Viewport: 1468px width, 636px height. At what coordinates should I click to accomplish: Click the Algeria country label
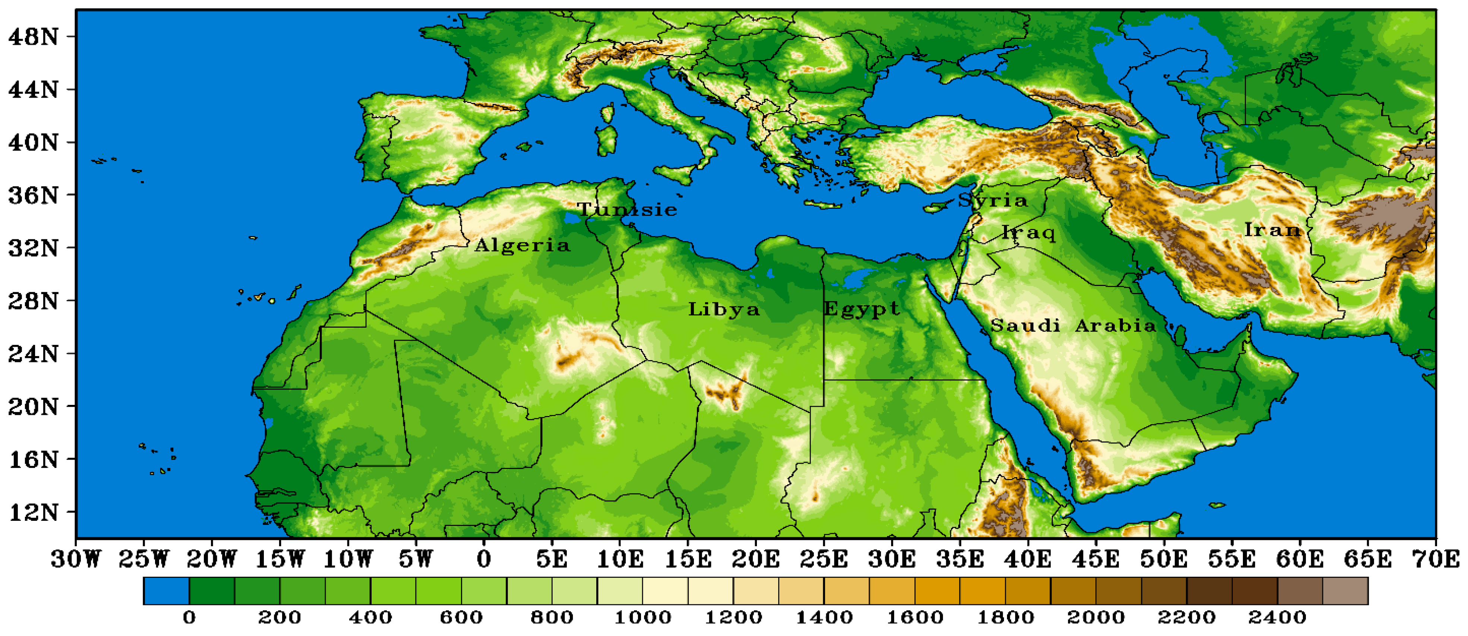[522, 246]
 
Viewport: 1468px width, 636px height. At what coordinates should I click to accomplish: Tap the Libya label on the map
[724, 309]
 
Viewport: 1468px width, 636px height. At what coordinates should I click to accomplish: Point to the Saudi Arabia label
[1073, 325]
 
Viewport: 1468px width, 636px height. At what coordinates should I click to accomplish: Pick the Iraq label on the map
[1029, 233]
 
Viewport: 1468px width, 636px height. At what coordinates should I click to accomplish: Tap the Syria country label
[993, 200]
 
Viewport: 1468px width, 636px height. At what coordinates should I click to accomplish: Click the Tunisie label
[627, 210]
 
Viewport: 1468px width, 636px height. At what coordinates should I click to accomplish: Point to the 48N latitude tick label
[34, 37]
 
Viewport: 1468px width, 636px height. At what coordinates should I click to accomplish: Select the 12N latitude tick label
[34, 512]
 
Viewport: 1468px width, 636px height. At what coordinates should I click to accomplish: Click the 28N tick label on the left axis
[34, 301]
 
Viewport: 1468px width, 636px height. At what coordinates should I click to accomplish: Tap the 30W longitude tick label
[75, 559]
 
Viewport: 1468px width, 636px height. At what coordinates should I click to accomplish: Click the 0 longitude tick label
[484, 559]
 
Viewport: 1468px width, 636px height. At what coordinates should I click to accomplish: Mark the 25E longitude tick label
[824, 559]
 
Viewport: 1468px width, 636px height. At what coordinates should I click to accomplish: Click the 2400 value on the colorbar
[1277, 617]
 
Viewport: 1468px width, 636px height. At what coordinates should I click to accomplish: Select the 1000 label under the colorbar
[643, 617]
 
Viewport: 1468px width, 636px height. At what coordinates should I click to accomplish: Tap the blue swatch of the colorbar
[166, 591]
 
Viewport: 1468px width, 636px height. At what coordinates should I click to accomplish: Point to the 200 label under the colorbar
[279, 617]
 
